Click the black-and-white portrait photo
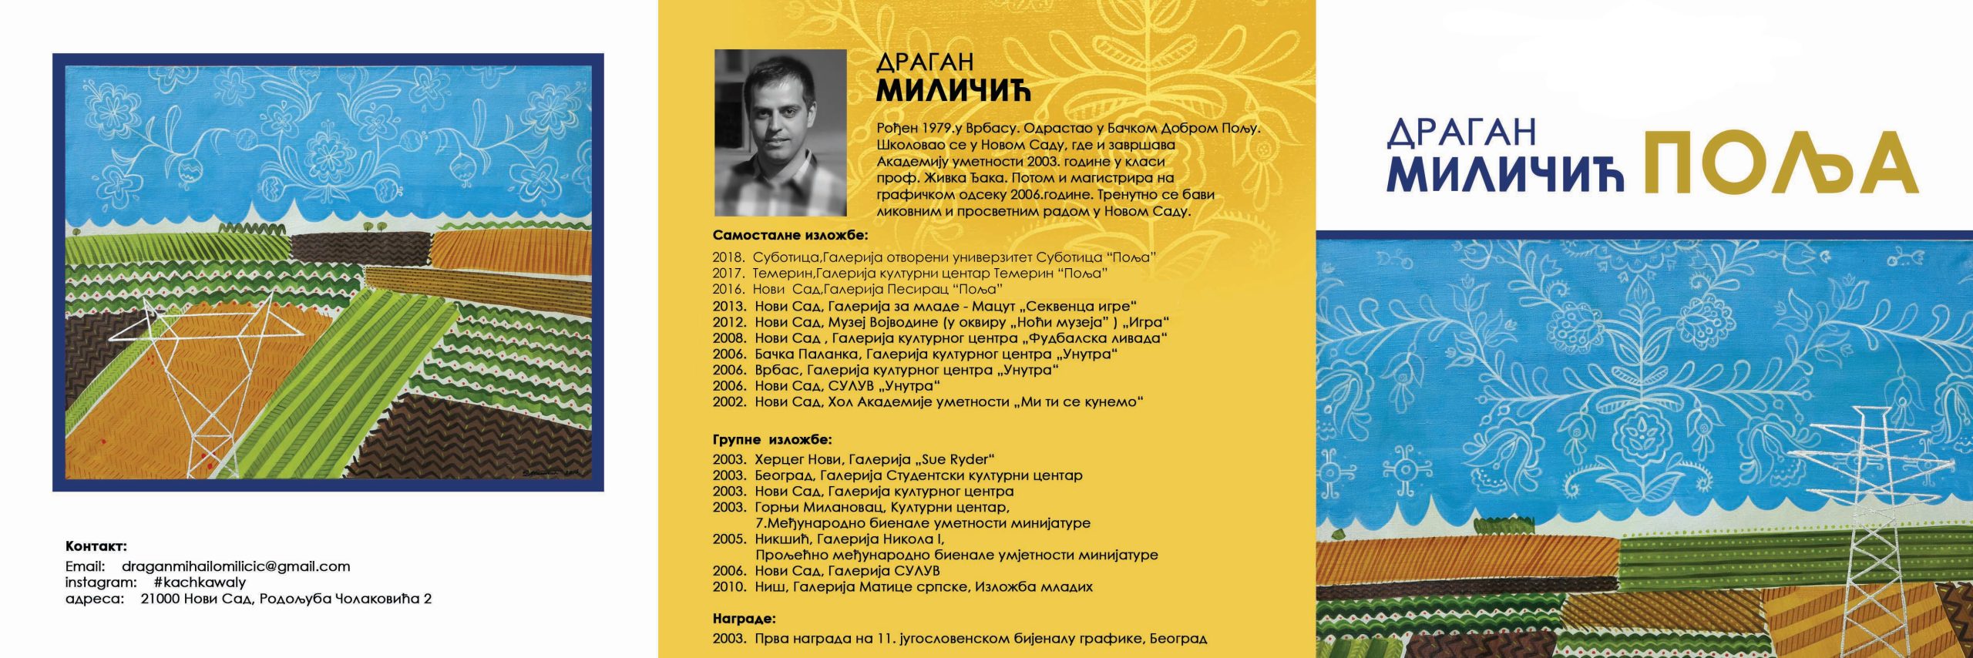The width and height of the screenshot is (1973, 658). tap(780, 133)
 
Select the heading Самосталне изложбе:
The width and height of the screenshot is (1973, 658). tap(790, 236)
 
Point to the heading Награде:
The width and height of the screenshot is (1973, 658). tap(744, 618)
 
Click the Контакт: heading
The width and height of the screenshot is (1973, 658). tap(96, 547)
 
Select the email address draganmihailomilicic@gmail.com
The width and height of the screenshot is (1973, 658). tap(236, 566)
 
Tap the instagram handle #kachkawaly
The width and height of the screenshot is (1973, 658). tap(200, 582)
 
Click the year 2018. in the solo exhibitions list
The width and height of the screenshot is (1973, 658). tap(728, 257)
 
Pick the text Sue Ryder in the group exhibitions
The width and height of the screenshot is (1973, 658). tap(952, 459)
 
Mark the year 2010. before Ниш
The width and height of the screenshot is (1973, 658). tap(729, 587)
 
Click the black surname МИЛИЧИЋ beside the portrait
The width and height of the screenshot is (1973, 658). tap(953, 90)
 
